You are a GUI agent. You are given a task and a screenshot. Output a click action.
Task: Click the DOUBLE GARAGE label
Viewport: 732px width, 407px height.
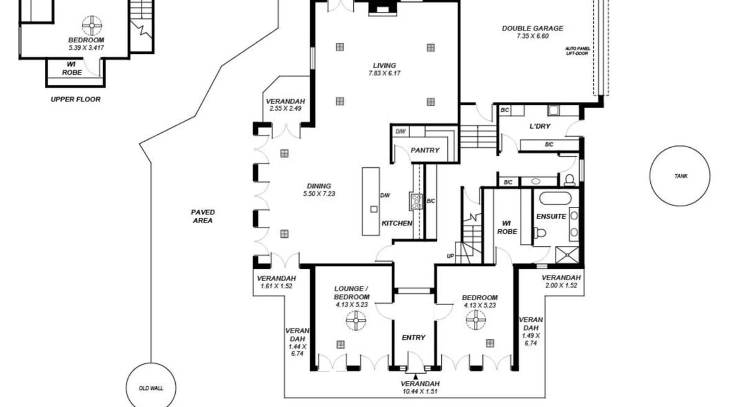click(533, 28)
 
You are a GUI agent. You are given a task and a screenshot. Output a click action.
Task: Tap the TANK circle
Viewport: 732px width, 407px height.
click(680, 146)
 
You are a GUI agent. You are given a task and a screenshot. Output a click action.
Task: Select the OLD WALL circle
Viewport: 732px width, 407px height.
click(151, 363)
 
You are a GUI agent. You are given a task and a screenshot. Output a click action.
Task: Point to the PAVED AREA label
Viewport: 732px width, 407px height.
click(203, 216)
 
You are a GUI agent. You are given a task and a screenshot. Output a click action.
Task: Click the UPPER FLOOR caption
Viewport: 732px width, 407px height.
click(76, 99)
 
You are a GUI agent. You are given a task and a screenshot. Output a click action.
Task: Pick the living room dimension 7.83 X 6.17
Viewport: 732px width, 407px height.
click(384, 73)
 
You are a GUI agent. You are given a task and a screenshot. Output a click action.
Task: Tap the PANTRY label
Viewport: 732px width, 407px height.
click(425, 150)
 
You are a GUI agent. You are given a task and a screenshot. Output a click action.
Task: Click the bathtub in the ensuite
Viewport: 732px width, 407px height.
click(555, 199)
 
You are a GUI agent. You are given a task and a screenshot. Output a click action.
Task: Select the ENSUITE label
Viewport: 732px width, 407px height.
click(551, 217)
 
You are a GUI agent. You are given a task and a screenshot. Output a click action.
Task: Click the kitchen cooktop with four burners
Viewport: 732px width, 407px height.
click(416, 201)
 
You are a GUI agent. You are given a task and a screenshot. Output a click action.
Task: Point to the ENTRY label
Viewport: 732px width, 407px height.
click(414, 337)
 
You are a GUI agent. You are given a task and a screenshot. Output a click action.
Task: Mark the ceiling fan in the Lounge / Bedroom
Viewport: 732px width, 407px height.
click(356, 320)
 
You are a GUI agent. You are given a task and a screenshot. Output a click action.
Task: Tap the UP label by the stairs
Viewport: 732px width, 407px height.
click(450, 256)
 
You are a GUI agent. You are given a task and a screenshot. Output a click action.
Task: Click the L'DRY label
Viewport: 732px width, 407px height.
click(540, 126)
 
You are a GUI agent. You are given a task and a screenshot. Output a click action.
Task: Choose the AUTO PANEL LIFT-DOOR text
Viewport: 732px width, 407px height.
click(577, 51)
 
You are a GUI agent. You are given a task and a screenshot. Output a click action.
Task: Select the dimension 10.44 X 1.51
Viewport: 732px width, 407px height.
click(420, 392)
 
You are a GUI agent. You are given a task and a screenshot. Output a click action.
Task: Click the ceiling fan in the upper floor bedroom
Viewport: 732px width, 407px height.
click(92, 26)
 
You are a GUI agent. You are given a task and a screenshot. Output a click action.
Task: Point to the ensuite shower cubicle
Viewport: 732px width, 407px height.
click(567, 255)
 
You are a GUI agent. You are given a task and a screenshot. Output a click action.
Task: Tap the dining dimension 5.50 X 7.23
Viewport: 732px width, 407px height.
click(319, 194)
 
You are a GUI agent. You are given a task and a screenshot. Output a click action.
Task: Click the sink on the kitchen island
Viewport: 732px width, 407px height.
click(374, 209)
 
